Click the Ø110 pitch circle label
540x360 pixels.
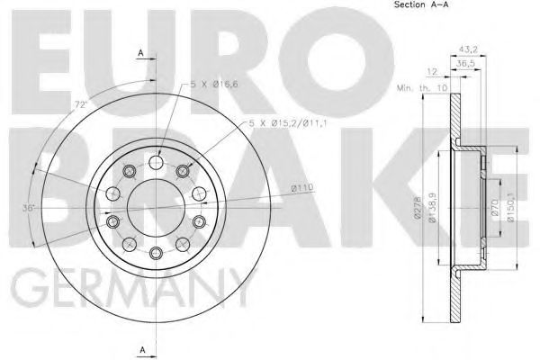[x=301, y=187]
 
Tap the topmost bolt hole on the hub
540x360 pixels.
[x=157, y=163]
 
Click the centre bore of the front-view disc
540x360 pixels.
[x=157, y=207]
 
